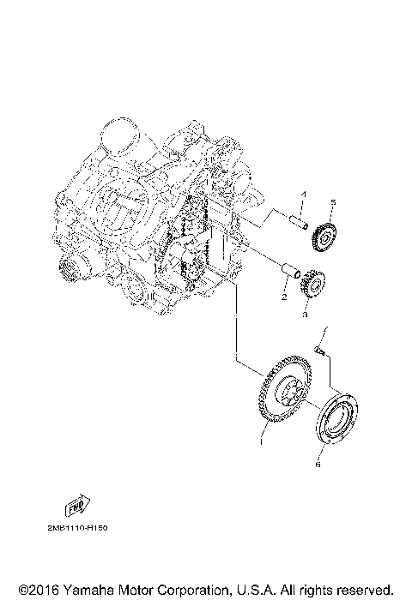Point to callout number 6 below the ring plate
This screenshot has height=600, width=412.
click(318, 465)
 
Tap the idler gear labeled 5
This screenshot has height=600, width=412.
click(324, 234)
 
